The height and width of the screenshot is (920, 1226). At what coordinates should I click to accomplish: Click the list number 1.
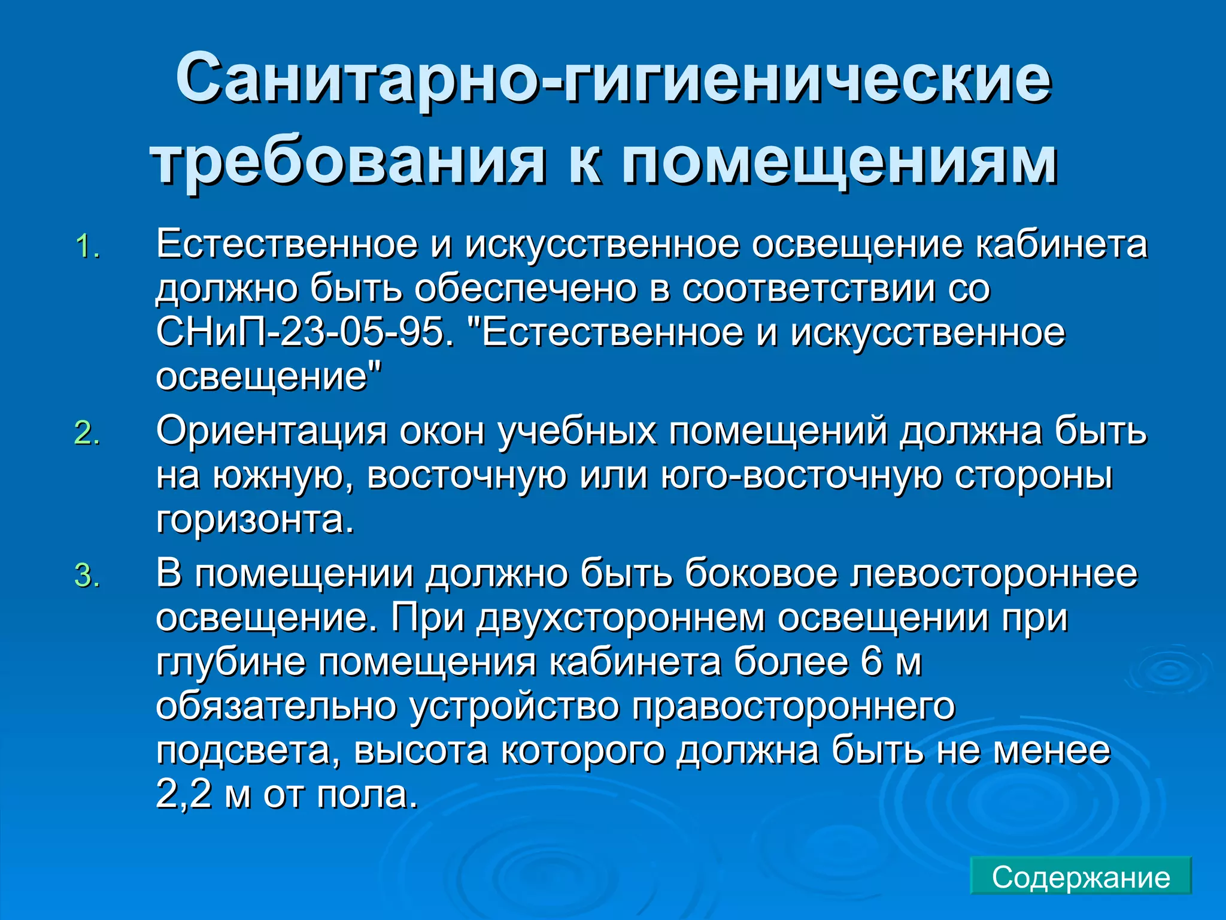click(x=87, y=247)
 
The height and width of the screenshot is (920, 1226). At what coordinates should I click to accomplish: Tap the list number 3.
click(x=87, y=576)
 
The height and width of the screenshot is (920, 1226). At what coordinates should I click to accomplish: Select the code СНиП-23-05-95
click(x=304, y=332)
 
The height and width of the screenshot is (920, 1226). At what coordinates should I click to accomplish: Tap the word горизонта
click(x=254, y=519)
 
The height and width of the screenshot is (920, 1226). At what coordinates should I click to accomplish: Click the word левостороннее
click(x=994, y=573)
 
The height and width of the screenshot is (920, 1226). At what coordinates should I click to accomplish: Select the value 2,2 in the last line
click(x=184, y=795)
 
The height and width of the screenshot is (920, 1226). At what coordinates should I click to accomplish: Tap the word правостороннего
click(x=793, y=707)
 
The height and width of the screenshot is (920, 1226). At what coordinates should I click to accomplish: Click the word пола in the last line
click(x=366, y=795)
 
